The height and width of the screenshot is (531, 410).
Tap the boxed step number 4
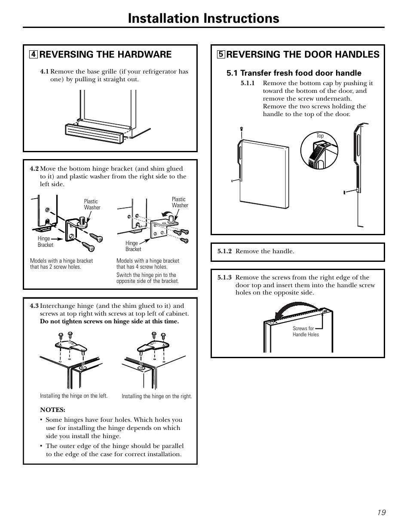click(x=33, y=55)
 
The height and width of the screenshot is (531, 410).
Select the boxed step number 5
click(x=220, y=55)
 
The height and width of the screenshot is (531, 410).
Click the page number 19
click(x=382, y=512)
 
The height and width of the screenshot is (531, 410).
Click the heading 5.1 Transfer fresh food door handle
click(x=294, y=73)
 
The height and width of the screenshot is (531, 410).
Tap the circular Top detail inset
click(x=319, y=150)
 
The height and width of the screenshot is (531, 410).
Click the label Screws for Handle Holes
click(x=306, y=331)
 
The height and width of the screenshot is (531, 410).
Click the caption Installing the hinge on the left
click(x=73, y=396)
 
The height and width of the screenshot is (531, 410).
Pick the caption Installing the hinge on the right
click(x=156, y=396)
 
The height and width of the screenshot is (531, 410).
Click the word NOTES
click(x=52, y=410)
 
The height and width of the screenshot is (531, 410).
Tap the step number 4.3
click(x=34, y=306)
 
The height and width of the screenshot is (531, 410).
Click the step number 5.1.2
click(x=224, y=252)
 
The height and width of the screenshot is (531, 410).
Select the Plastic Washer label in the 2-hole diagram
click(x=92, y=204)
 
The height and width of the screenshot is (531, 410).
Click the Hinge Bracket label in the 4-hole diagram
click(x=133, y=246)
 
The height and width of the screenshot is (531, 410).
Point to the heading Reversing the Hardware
click(x=105, y=54)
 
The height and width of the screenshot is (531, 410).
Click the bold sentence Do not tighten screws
click(x=109, y=322)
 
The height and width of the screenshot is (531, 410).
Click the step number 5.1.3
click(x=224, y=278)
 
